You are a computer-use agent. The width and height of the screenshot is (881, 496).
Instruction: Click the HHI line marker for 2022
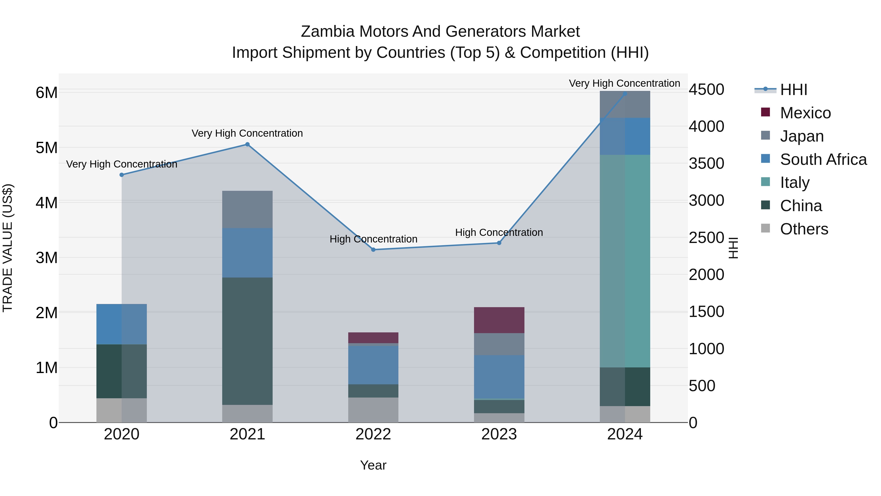373,250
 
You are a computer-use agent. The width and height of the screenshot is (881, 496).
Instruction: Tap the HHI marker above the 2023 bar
499,243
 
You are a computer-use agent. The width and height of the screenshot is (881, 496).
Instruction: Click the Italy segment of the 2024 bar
625,261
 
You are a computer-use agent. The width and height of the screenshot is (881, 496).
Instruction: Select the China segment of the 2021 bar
247,341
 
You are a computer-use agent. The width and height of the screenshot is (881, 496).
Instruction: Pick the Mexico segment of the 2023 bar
499,320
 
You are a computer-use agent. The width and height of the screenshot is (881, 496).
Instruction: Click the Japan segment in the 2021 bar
247,209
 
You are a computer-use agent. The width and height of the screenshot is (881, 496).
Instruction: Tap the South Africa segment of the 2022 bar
373,365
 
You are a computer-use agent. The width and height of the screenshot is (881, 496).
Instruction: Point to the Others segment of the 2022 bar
373,410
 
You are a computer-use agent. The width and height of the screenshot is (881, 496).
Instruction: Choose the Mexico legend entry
805,113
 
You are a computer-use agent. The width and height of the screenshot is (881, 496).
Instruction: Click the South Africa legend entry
823,159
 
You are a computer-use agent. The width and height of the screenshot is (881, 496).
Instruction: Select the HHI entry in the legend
793,90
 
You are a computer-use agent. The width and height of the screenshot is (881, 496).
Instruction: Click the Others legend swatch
765,228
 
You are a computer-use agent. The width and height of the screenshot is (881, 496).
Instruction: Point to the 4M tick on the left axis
46,203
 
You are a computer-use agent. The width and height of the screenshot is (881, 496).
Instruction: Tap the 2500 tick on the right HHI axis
706,238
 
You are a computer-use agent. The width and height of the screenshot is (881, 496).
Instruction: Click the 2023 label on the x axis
499,434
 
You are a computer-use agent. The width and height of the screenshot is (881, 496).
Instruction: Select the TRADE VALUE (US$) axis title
8,248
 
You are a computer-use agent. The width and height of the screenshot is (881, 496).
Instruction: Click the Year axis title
373,465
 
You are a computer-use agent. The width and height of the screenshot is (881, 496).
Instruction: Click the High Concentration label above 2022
373,239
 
